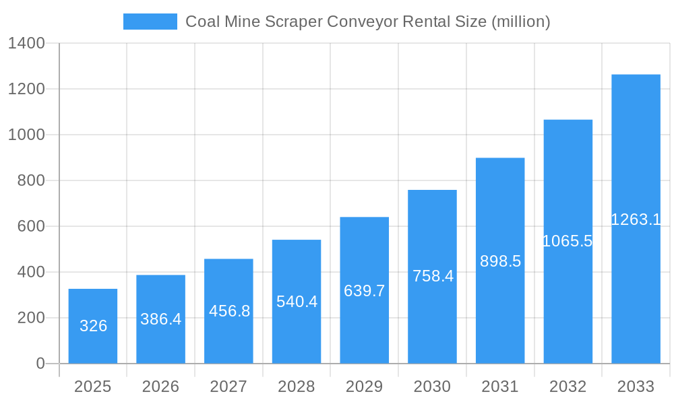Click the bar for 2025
93,327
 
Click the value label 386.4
161,319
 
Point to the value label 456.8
229,311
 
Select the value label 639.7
365,291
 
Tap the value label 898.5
500,261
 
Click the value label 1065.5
568,241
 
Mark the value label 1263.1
636,219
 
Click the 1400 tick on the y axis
26,44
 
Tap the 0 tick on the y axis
40,364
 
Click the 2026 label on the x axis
161,386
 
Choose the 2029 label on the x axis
365,386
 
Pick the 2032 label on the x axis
568,386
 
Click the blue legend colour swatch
150,22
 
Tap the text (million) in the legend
521,22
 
